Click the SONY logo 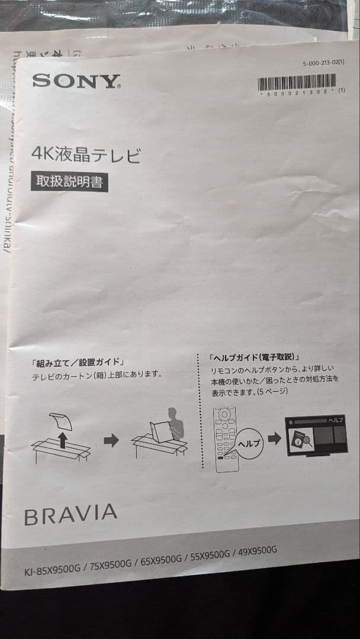(x=76, y=81)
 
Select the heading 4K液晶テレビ (x=86, y=156)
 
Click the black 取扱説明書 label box (x=70, y=182)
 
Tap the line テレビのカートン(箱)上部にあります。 (x=97, y=375)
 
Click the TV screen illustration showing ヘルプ (x=316, y=435)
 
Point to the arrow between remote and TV (x=274, y=439)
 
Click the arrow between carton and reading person (x=111, y=441)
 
